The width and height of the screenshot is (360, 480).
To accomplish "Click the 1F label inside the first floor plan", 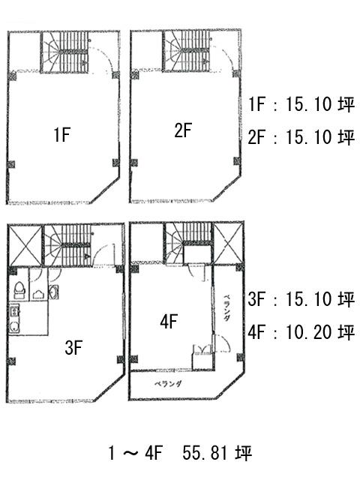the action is pyautogui.click(x=62, y=134).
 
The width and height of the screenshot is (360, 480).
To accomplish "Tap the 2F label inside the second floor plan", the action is pyautogui.click(x=183, y=130).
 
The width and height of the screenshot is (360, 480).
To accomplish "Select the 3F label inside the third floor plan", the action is pyautogui.click(x=73, y=348).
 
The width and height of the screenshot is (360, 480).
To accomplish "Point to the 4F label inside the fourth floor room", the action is pyautogui.click(x=169, y=322).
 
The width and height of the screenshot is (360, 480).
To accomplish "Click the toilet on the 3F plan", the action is pyautogui.click(x=19, y=289).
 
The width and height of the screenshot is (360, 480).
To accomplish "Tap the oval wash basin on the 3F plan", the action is pyautogui.click(x=54, y=292).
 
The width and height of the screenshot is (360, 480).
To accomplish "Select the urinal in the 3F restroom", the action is pyautogui.click(x=38, y=294).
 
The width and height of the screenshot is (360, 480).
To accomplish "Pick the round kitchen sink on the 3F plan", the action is pyautogui.click(x=13, y=327).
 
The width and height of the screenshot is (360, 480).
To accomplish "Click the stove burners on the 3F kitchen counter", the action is pyautogui.click(x=14, y=312).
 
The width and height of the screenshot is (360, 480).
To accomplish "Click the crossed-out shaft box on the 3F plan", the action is pyautogui.click(x=25, y=245).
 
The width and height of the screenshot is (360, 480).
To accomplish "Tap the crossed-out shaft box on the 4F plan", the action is pyautogui.click(x=228, y=243).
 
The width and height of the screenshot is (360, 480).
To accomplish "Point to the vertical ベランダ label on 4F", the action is pyautogui.click(x=226, y=307).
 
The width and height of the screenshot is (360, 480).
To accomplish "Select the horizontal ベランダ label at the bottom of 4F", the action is pyautogui.click(x=168, y=383).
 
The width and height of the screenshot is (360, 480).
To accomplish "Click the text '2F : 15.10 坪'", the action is pyautogui.click(x=301, y=136).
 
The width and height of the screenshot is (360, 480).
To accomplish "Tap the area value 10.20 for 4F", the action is pyautogui.click(x=308, y=331).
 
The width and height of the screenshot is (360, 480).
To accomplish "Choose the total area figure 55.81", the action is pyautogui.click(x=205, y=453).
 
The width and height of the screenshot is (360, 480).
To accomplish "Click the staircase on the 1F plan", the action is pyautogui.click(x=65, y=52).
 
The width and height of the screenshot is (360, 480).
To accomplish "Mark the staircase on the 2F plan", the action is pyautogui.click(x=186, y=51).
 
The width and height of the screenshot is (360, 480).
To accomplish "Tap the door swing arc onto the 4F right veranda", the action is pyautogui.click(x=224, y=342).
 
